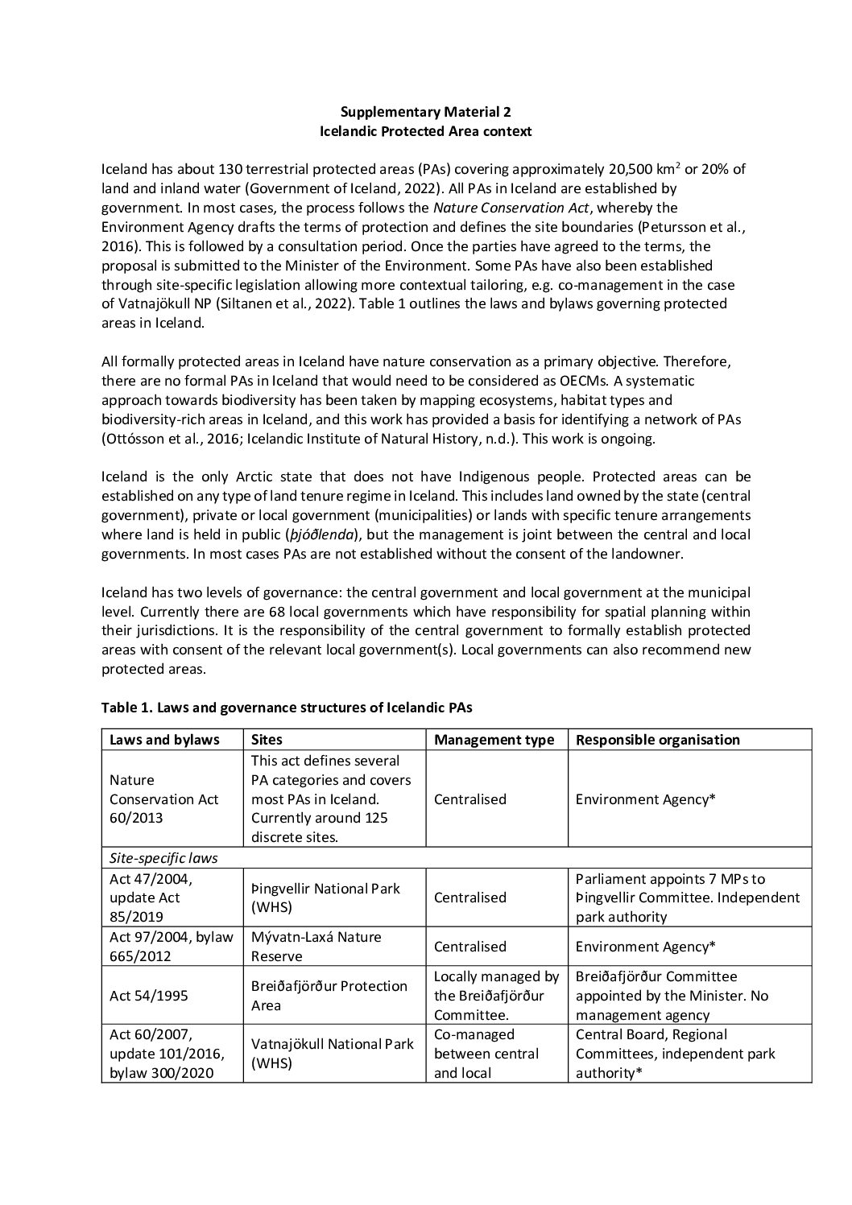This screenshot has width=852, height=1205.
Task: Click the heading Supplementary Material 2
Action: [425, 112]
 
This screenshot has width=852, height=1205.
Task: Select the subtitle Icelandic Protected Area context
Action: [425, 131]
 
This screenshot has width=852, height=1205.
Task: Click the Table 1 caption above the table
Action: [286, 708]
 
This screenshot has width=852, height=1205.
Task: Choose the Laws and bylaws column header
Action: [164, 740]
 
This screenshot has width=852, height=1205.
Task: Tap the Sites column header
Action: [267, 740]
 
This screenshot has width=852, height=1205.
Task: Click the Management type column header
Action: [494, 740]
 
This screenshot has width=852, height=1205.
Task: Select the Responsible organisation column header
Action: [657, 740]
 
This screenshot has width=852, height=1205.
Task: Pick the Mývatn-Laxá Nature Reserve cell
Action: [316, 947]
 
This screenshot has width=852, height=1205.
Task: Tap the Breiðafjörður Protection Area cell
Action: [329, 996]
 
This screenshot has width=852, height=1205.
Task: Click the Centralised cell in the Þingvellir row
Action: [470, 898]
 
